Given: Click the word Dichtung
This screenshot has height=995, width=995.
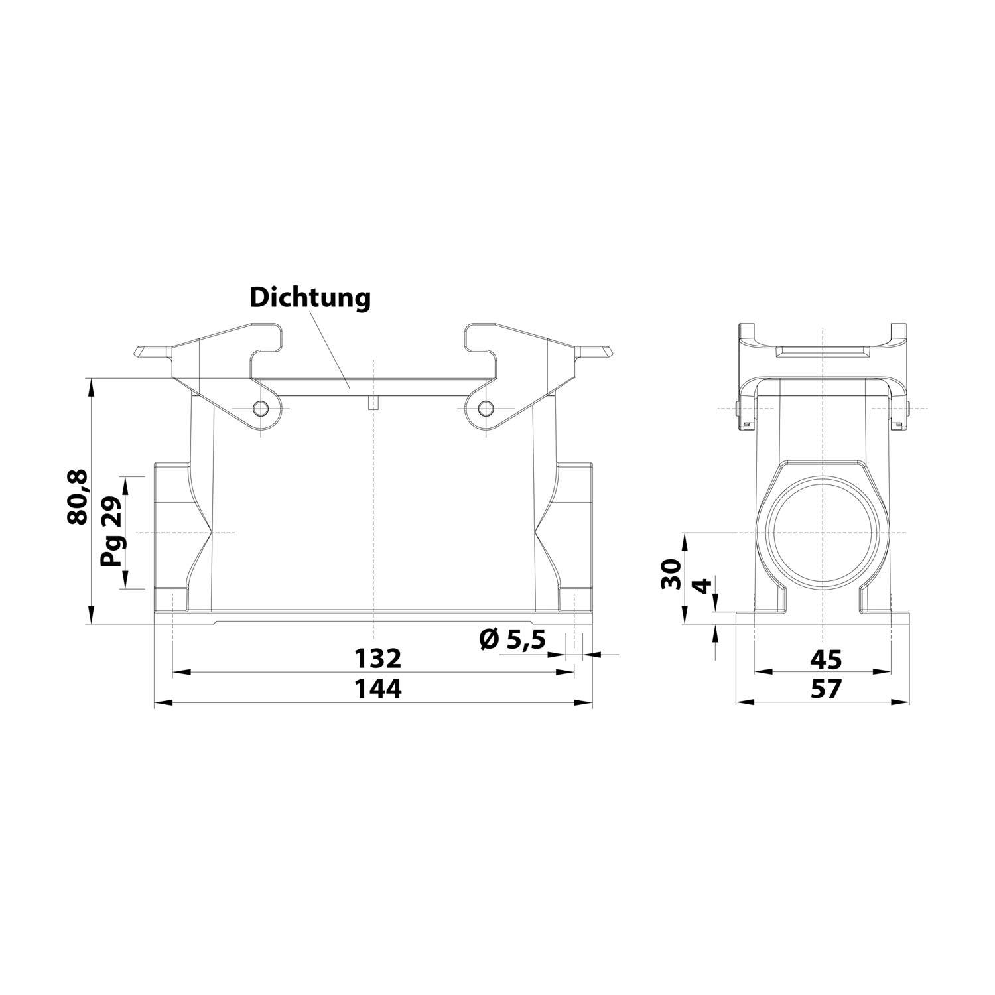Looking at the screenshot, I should (310, 298).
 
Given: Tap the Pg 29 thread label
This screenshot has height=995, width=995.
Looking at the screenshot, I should (111, 532).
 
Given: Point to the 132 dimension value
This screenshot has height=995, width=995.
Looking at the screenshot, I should (377, 659).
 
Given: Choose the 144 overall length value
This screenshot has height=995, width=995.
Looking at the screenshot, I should (377, 689).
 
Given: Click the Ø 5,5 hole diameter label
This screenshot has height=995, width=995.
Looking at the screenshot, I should (511, 639).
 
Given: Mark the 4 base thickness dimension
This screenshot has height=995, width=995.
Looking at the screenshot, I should (702, 587).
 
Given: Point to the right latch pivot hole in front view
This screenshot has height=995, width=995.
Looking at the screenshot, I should (486, 407).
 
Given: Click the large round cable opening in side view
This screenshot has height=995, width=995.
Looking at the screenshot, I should (821, 534).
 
